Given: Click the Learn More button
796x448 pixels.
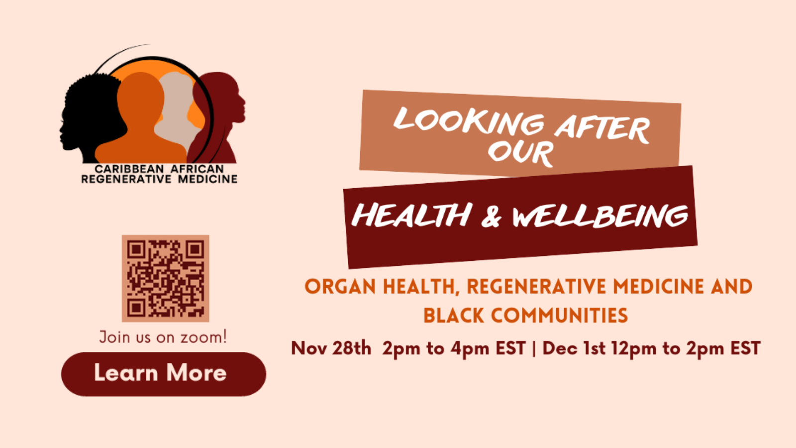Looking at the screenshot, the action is [x=164, y=374].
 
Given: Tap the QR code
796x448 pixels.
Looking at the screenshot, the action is [x=166, y=278].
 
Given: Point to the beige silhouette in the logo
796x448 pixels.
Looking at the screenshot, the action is [x=178, y=110].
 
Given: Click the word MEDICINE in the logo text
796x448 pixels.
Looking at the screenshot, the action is [x=207, y=179].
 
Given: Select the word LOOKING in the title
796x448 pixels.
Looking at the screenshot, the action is [x=469, y=121].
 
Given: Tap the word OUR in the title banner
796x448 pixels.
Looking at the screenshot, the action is [x=521, y=153].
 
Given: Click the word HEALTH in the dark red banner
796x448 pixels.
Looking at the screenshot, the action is [x=411, y=215].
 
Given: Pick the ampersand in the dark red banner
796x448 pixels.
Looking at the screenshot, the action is [x=491, y=217].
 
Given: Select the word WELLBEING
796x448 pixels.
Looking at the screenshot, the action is [x=600, y=216].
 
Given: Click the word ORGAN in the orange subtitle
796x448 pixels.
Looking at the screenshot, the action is [x=340, y=287].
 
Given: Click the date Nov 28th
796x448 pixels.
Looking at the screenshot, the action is [x=331, y=348].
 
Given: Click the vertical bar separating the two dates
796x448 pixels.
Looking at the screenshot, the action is [x=534, y=348].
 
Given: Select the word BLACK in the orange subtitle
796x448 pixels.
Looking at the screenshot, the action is [x=453, y=316].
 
